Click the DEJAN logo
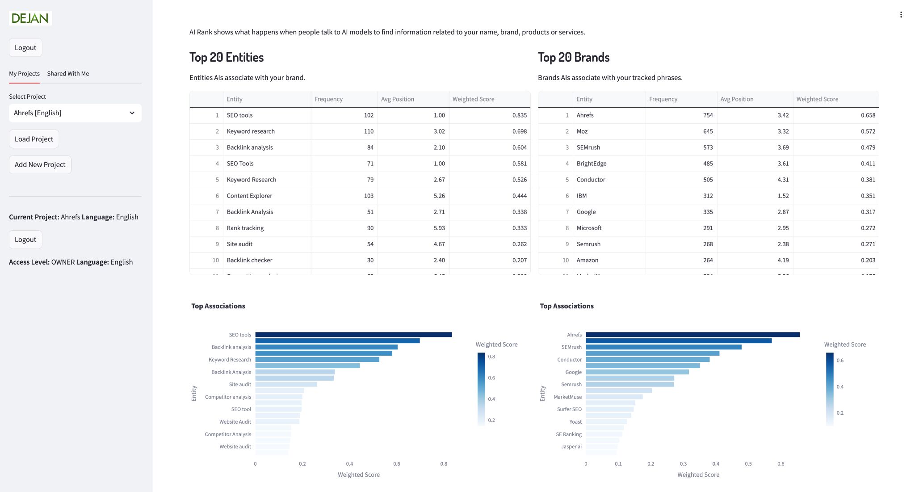(x=30, y=18)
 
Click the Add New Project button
(x=40, y=165)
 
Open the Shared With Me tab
(x=68, y=74)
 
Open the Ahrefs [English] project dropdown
(x=75, y=113)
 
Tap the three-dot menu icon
(x=901, y=15)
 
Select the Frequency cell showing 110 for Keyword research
(x=368, y=131)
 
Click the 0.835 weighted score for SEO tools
(x=519, y=115)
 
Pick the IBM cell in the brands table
(x=582, y=196)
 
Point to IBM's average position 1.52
(x=783, y=196)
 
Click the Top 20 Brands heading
(x=574, y=57)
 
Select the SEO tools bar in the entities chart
(x=353, y=335)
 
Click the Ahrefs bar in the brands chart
(x=693, y=335)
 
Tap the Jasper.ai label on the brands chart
(x=571, y=447)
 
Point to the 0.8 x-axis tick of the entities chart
(x=444, y=464)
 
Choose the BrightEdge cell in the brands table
(x=592, y=164)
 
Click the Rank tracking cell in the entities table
(x=245, y=228)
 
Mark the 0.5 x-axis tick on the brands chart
(x=748, y=464)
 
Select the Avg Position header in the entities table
(x=398, y=99)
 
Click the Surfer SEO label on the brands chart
(x=569, y=409)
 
